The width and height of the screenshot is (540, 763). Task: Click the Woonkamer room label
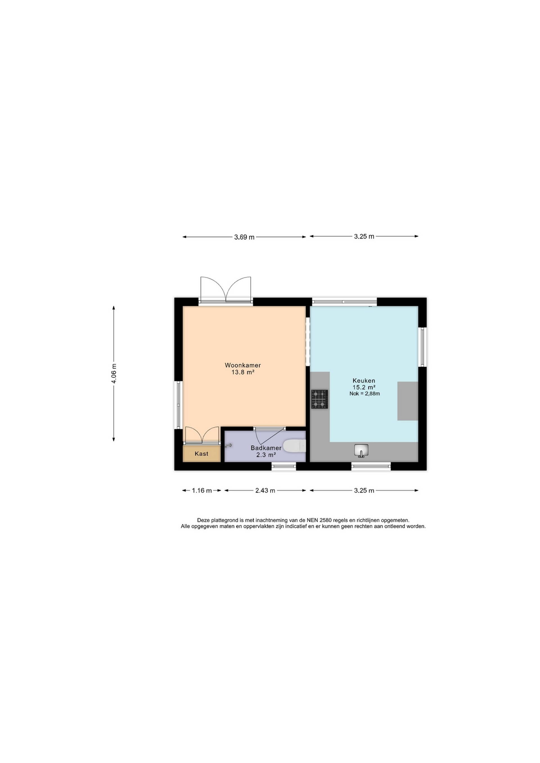(243, 365)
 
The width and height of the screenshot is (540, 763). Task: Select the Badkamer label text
(266, 448)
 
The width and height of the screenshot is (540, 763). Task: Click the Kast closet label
(201, 454)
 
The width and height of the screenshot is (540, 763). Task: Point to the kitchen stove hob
(319, 399)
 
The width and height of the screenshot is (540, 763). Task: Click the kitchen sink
(361, 450)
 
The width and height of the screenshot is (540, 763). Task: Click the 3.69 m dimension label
(244, 237)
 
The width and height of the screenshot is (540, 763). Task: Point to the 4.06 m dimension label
(114, 374)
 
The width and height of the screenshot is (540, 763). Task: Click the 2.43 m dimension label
(265, 491)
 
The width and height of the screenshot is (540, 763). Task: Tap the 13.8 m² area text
(243, 372)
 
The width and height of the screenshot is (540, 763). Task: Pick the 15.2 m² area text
(364, 387)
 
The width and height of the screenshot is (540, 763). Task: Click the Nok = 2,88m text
(364, 394)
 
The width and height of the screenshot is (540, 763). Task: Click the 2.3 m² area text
(266, 455)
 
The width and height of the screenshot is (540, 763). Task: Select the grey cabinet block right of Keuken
(408, 401)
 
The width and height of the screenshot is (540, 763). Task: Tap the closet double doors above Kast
(202, 435)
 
